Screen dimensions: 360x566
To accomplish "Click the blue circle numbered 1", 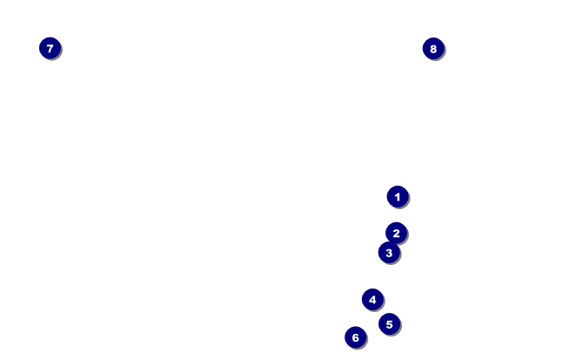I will click(398, 197).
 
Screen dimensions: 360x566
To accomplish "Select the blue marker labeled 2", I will click(397, 233).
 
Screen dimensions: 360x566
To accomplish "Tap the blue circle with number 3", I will click(389, 253).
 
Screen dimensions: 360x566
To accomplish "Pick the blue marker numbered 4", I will click(372, 300).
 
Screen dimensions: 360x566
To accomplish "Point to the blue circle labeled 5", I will click(389, 324).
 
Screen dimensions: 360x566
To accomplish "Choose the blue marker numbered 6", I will click(355, 337).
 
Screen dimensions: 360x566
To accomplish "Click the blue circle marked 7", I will click(50, 49).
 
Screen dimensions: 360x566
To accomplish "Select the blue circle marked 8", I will click(433, 49).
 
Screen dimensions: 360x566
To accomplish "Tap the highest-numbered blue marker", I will click(433, 49).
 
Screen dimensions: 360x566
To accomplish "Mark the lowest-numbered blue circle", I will click(398, 197).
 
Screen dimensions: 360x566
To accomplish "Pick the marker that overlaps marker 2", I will click(389, 253).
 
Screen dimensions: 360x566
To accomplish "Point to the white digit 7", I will click(50, 49).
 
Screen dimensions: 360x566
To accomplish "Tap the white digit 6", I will click(355, 337).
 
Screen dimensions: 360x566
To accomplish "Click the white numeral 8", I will click(433, 49).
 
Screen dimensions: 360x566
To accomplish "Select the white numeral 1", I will click(398, 197).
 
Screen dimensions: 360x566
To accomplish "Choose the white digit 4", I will click(372, 300).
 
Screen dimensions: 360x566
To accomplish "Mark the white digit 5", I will click(389, 324).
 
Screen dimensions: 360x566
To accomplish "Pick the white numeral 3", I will click(389, 253).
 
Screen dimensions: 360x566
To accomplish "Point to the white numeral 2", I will click(397, 233).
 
